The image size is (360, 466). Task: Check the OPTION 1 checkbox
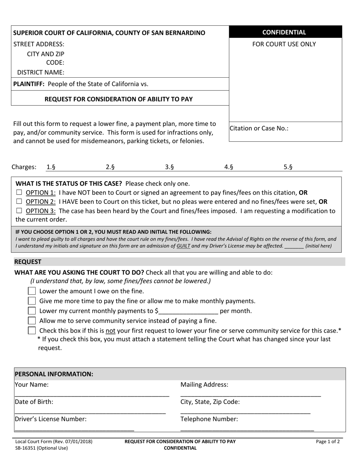(19, 192)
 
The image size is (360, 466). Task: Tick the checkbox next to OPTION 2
(19, 202)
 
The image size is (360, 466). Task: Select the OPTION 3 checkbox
(19, 211)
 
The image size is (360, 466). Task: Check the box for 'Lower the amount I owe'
(32, 291)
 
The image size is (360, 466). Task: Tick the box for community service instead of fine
(32, 321)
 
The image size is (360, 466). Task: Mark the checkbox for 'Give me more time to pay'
(32, 301)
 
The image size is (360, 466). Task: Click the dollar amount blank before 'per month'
(188, 311)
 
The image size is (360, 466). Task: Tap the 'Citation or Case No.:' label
(259, 128)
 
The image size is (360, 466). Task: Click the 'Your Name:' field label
(31, 385)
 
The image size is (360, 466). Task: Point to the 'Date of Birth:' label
(34, 402)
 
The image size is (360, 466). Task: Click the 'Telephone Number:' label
(209, 419)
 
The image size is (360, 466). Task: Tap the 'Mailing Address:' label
(205, 385)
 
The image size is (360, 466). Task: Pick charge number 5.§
(288, 167)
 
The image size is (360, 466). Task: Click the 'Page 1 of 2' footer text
(328, 441)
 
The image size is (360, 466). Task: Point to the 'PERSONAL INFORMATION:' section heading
(54, 374)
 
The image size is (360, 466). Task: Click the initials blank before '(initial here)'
(294, 246)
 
